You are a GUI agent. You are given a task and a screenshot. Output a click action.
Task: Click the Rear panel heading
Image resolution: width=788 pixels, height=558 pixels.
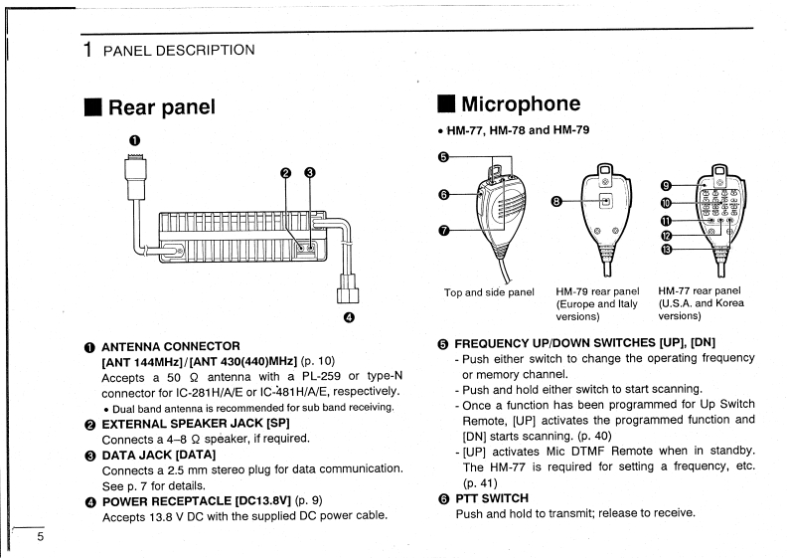point(161,107)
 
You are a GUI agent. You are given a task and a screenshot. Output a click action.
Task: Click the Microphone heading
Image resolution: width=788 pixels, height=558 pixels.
point(520,103)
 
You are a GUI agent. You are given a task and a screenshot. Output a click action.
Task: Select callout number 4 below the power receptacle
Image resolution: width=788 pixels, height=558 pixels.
point(348,318)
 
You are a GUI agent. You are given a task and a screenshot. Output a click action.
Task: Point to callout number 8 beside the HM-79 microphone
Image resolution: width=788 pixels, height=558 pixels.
point(556,201)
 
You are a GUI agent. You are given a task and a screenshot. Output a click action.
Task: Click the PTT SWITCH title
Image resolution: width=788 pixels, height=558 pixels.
point(491,497)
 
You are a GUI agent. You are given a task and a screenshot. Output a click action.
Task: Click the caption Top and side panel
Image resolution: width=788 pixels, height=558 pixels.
point(489,291)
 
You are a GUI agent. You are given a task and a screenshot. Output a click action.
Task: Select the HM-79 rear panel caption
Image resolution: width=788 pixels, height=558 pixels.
point(597,291)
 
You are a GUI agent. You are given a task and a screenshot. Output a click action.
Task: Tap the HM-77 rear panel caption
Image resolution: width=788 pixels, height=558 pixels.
point(700,291)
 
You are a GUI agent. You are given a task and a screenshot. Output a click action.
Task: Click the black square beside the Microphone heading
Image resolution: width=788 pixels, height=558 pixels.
point(446,103)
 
